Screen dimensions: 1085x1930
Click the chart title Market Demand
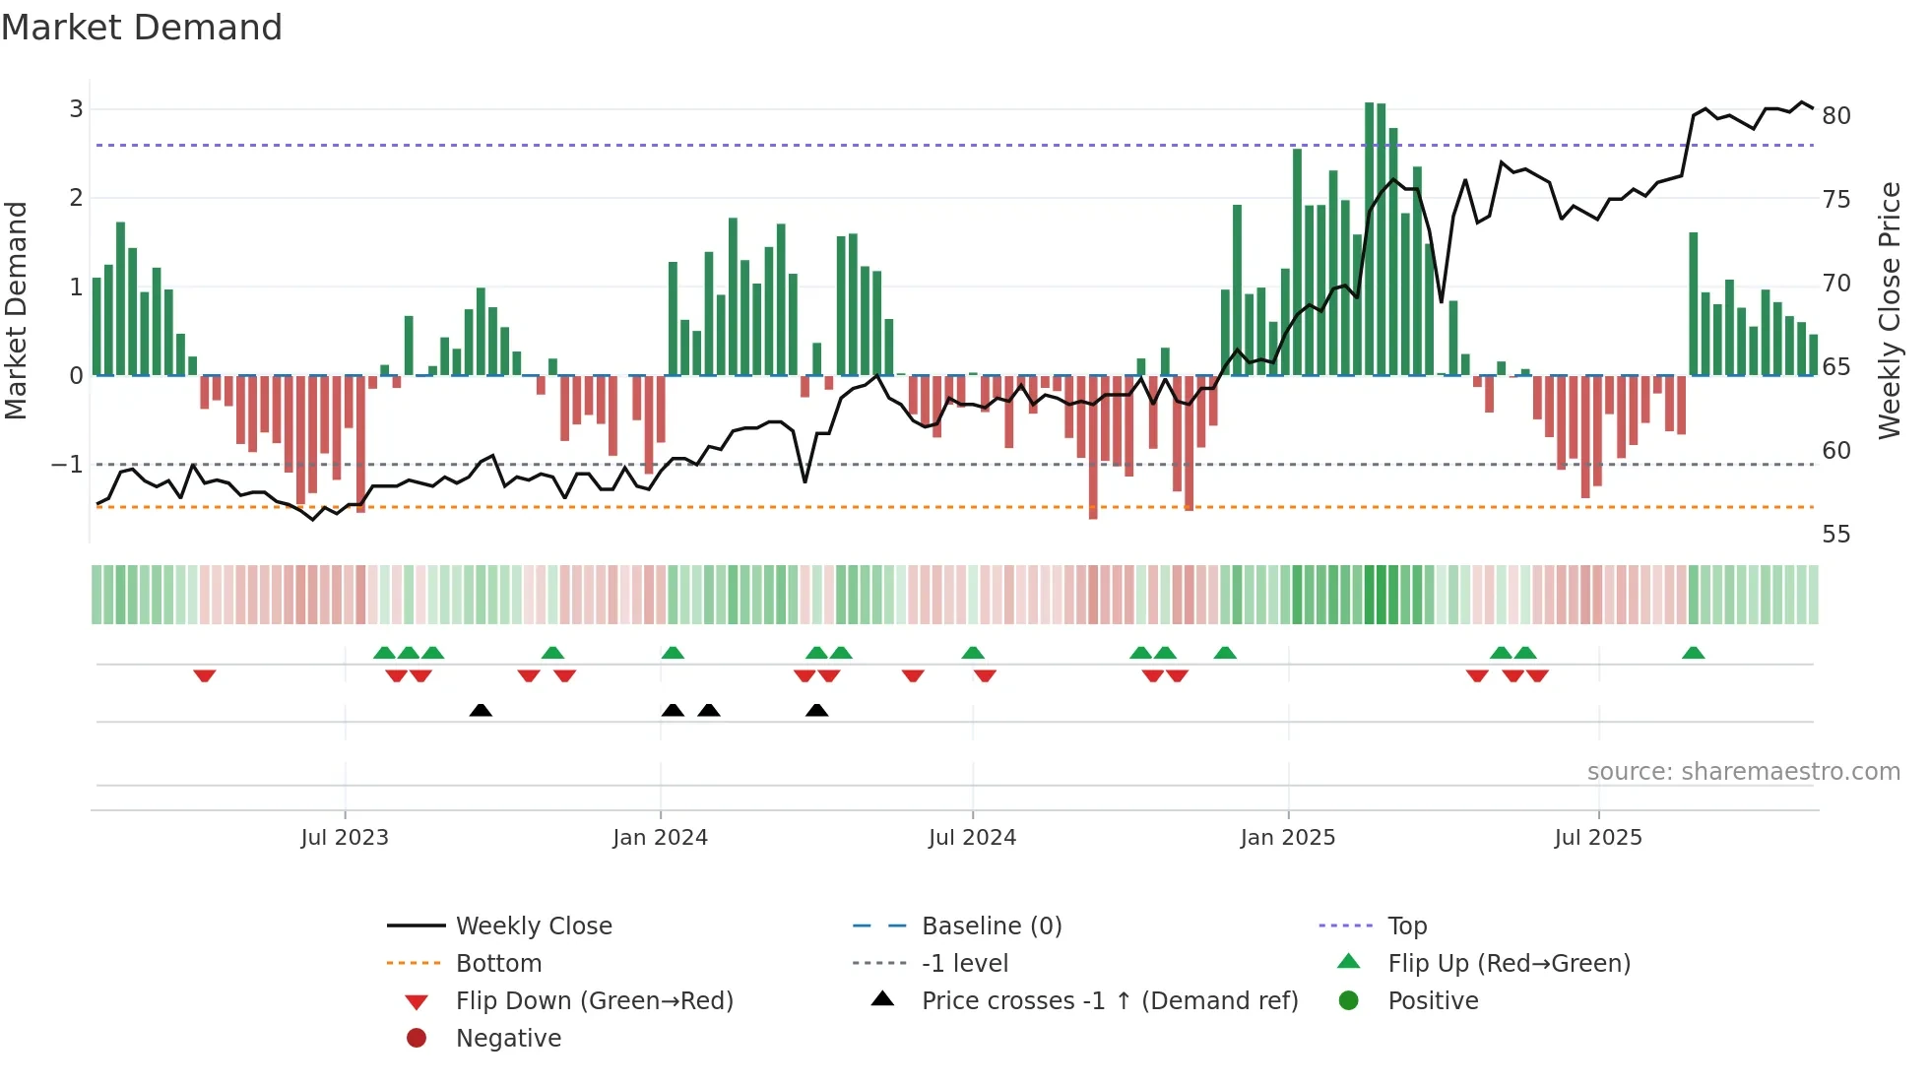click(x=142, y=28)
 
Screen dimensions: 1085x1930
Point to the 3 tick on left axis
click(x=76, y=109)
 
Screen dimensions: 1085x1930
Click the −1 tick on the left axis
click(x=67, y=464)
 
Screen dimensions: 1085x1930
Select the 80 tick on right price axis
click(x=1835, y=116)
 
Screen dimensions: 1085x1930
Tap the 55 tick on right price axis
click(x=1835, y=535)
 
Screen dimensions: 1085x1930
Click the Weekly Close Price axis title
click(x=1889, y=310)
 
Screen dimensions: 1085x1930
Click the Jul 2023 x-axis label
click(x=345, y=838)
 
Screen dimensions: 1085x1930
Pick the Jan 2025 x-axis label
click(x=1287, y=838)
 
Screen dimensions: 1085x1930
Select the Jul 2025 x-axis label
click(x=1598, y=838)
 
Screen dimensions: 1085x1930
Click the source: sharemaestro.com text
click(x=1743, y=772)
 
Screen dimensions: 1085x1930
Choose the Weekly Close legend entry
click(x=533, y=926)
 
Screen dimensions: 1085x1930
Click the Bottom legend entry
click(x=498, y=964)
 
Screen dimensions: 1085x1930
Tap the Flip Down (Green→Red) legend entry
click(x=594, y=1001)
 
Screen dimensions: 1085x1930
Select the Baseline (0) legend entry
click(x=991, y=926)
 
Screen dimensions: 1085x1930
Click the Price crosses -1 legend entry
click(x=1109, y=1001)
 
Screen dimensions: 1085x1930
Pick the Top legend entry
click(x=1406, y=926)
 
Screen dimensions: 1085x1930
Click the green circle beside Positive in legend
click(x=1349, y=1001)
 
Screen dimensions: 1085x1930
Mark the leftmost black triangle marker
click(x=481, y=711)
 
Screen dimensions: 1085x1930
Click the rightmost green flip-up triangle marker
click(x=1693, y=653)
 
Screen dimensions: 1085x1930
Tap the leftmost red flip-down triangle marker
click(x=205, y=675)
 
